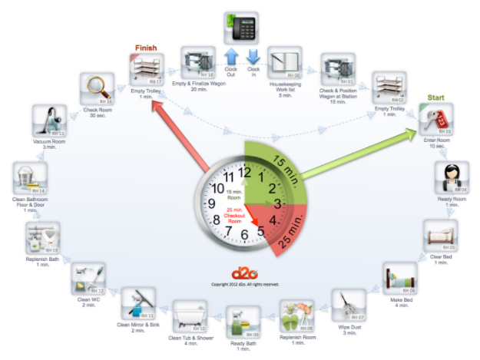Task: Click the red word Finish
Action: point(146,48)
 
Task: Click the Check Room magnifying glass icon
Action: point(98,89)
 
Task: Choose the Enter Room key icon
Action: point(435,121)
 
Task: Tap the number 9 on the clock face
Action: point(212,204)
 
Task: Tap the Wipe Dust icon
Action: point(350,304)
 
